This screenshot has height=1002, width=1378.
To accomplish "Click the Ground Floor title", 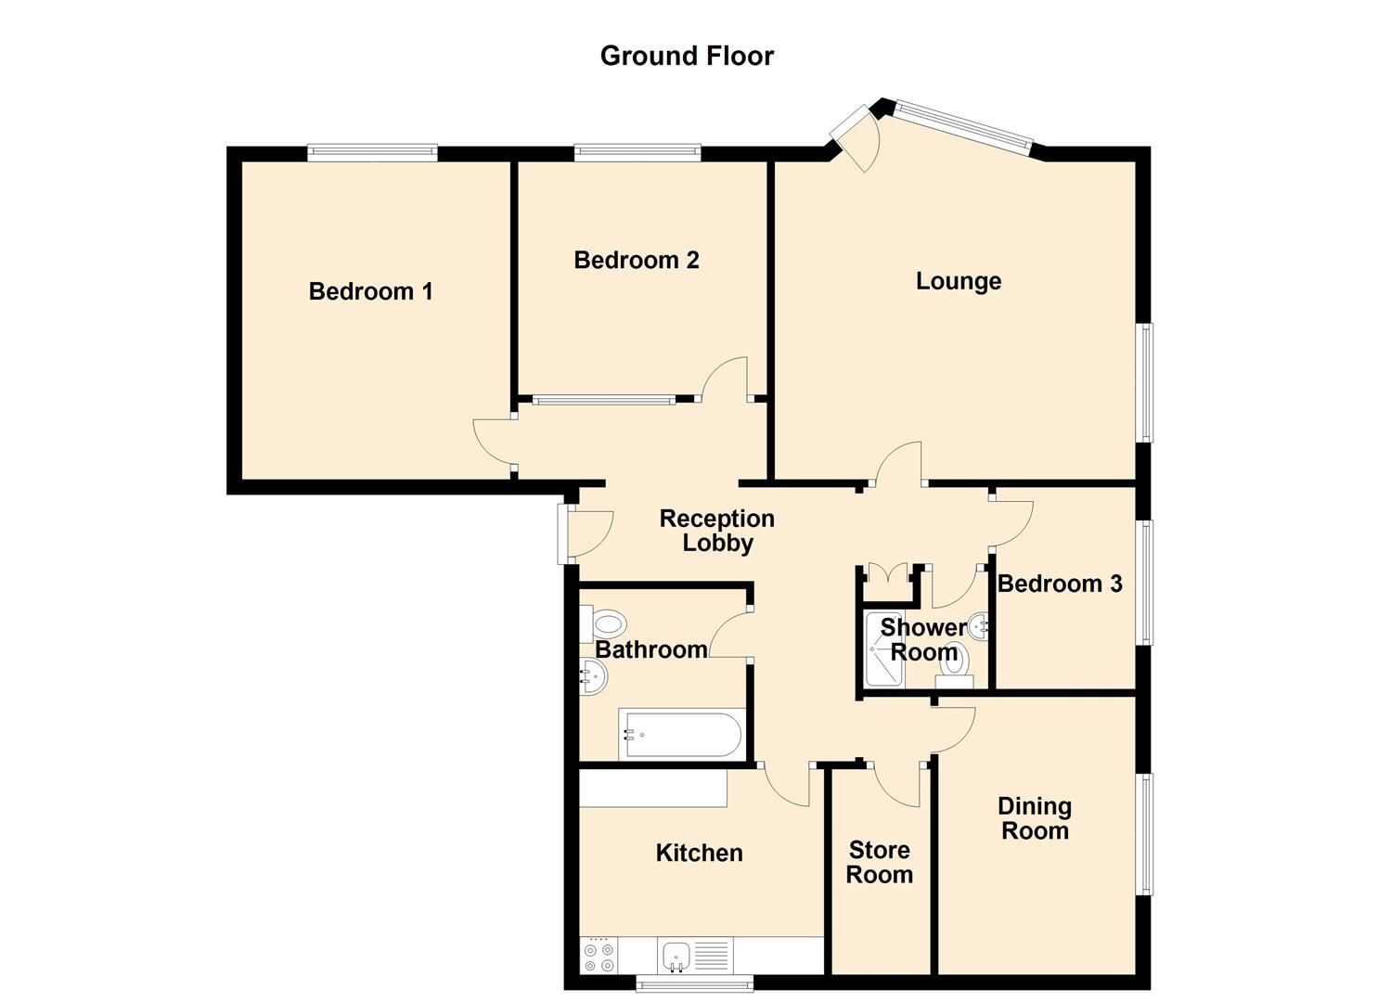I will tap(687, 56).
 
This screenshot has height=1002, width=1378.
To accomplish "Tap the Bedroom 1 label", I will tap(370, 291).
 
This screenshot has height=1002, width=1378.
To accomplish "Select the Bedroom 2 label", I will tap(636, 261).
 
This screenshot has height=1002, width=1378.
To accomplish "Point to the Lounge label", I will tap(958, 281).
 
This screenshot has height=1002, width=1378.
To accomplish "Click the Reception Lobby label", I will tap(716, 531).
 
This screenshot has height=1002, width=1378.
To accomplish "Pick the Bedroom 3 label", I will tap(1060, 584).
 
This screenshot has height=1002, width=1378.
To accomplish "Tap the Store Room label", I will tap(879, 863).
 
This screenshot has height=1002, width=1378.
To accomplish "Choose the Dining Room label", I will tap(1034, 818).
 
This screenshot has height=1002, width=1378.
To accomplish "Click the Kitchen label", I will tap(699, 854).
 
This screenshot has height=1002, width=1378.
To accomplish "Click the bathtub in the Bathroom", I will tap(683, 734).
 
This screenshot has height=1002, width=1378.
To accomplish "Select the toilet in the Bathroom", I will tap(604, 623).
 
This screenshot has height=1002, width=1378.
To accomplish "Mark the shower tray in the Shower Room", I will tap(882, 649).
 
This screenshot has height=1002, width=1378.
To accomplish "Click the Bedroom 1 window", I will tap(372, 153).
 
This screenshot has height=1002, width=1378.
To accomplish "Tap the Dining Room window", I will tap(1146, 833).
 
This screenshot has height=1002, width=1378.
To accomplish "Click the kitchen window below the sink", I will tap(694, 983).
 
